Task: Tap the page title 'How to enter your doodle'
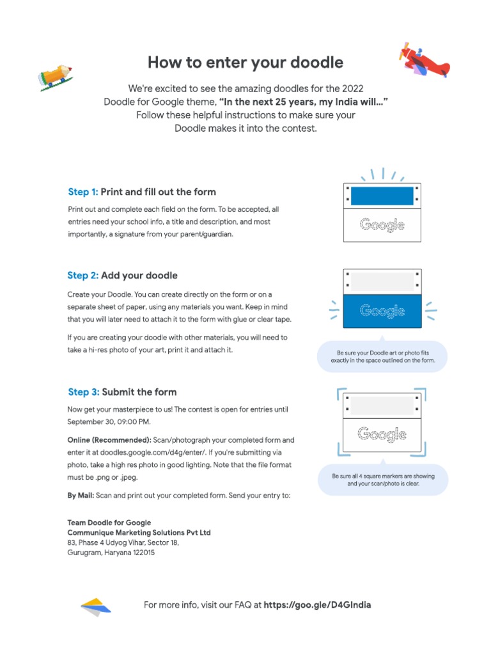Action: point(245,62)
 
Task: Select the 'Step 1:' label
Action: point(83,192)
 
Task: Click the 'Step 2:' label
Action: point(83,276)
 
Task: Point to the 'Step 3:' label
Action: point(83,392)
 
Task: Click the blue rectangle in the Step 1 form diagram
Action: point(382,196)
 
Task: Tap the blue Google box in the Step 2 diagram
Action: point(382,312)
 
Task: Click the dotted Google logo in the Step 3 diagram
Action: point(382,434)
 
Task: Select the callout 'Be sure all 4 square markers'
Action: point(383,480)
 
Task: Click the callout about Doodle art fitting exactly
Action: point(382,356)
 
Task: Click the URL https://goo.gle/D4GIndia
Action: point(317,605)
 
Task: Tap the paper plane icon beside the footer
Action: point(96,606)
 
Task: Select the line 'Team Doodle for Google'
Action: point(109,523)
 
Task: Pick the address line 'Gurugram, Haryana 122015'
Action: point(111,553)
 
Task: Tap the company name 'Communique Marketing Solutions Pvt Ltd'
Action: point(139,533)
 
